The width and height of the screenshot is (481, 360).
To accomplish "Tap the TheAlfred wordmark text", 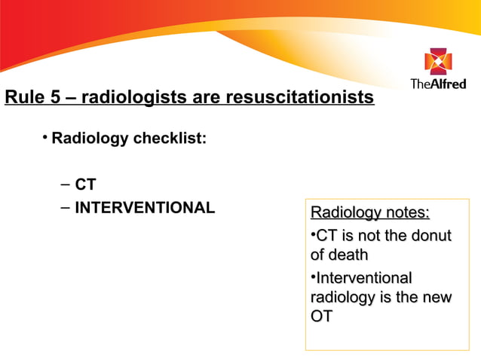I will coord(437,84).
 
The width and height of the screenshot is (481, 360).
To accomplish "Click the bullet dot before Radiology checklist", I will coord(45,137).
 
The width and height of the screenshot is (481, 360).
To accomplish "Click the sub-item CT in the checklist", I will coord(85,185).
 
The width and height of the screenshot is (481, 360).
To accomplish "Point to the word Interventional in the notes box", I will coord(363,277).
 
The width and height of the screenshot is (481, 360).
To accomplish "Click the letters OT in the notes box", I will coord(321,317).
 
